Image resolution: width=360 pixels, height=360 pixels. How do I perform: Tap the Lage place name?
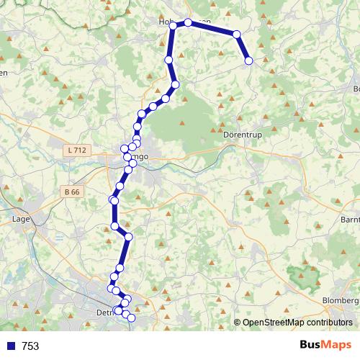(20, 217)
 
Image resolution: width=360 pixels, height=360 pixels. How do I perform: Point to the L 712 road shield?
(75, 150)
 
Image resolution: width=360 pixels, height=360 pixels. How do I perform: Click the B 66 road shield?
(72, 192)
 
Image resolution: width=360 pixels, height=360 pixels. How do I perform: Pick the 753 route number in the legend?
(30, 346)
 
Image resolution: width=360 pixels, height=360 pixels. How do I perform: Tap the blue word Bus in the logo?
(311, 345)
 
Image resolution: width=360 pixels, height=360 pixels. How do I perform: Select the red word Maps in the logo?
(336, 345)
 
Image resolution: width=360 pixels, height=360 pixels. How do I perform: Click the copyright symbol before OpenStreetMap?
(238, 323)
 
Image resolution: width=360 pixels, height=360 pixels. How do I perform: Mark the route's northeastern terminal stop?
(249, 61)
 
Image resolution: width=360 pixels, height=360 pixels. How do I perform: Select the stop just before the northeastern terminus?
(236, 34)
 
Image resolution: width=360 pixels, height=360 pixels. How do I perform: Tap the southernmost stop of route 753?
(131, 318)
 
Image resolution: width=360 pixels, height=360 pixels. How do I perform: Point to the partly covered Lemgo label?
(140, 156)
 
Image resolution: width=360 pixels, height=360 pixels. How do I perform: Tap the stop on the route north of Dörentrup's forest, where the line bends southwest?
(175, 85)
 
